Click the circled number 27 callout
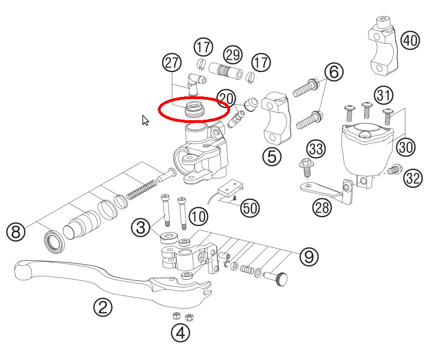(172, 63)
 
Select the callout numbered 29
(233, 55)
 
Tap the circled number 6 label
(334, 71)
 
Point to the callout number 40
(410, 40)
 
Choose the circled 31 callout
(383, 96)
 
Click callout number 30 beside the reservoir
(405, 147)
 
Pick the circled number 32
(413, 178)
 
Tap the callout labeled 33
(316, 148)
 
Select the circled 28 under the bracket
(322, 208)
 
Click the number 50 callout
(250, 208)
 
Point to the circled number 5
(272, 157)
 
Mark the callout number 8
(16, 231)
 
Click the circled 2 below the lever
(103, 307)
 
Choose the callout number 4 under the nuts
(181, 332)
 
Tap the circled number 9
(309, 256)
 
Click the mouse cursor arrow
(145, 120)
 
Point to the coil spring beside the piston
(142, 188)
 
